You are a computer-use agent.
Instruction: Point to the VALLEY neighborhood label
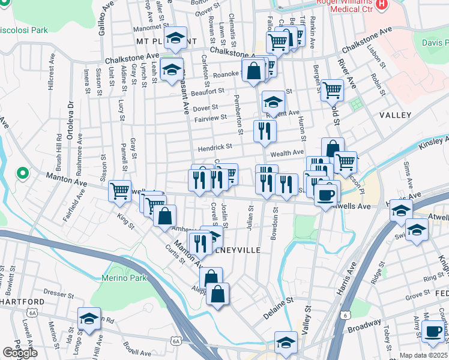point(395,115)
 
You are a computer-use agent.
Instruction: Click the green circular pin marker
point(23,174)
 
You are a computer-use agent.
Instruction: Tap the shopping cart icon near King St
point(119,191)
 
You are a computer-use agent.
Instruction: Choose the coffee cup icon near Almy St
point(433,331)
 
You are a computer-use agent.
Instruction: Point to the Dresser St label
point(58,295)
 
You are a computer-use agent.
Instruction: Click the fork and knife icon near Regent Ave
point(265,130)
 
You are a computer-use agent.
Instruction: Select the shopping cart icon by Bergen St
point(332,89)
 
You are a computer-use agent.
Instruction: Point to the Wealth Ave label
point(290,153)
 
